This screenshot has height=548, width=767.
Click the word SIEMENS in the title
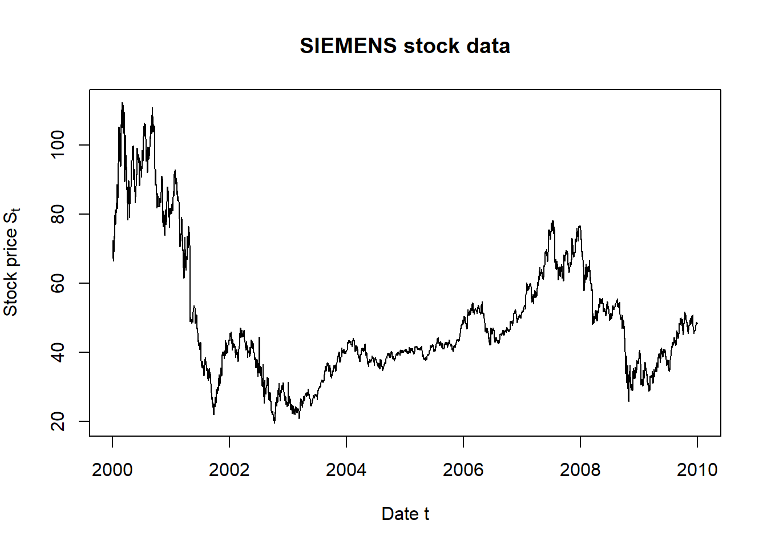point(348,46)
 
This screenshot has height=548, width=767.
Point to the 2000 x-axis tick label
point(112,470)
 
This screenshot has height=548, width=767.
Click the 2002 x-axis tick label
point(229,470)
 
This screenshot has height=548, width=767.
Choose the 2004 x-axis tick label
point(346,470)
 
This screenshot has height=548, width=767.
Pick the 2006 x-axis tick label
point(463,470)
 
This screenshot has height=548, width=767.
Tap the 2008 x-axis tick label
point(580,470)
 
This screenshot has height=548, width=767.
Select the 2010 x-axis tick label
point(697,470)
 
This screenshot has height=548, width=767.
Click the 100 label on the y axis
point(58,145)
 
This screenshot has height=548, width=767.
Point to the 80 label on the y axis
point(58,214)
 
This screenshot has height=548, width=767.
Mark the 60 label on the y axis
point(58,283)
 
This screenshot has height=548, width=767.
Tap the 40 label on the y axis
point(58,352)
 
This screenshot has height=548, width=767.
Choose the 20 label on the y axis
point(58,421)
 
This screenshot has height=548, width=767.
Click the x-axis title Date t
point(405,514)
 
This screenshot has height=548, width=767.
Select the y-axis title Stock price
point(11,262)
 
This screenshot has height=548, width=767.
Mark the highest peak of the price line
point(122,103)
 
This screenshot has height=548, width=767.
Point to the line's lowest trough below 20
point(274,422)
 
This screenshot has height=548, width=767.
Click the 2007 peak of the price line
point(552,221)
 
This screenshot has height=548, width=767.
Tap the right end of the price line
point(697,324)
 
